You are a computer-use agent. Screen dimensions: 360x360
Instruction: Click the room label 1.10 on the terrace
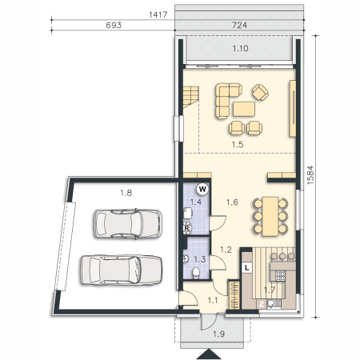pos(240,49)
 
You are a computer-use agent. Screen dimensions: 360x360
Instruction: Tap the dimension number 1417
pos(158,14)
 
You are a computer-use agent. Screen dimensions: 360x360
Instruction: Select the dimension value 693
pos(114,25)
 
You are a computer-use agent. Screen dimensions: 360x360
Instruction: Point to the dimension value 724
pos(239,25)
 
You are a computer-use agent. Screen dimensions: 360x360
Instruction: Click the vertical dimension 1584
pos(310,175)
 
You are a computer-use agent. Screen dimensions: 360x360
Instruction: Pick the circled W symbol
pos(202,190)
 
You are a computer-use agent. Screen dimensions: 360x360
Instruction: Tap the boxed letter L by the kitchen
pos(247,267)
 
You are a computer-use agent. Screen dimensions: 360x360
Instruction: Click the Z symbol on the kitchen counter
pos(262,304)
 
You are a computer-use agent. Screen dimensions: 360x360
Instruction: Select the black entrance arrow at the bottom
pos(209,354)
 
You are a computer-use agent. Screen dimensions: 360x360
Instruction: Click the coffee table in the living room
pos(244,109)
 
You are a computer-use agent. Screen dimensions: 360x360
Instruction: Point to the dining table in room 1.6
pos(270,216)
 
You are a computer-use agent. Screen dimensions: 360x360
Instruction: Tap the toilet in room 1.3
pos(196,274)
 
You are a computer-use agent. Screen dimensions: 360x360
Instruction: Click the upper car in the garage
pos(128,223)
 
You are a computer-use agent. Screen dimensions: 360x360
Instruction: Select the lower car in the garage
pos(122,270)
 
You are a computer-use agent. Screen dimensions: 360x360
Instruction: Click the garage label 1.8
pos(126,193)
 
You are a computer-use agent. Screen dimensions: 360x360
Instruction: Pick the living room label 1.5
pos(238,145)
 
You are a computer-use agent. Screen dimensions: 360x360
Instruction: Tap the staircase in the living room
pos(191,97)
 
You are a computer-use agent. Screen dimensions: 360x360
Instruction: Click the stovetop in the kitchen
pos(280,275)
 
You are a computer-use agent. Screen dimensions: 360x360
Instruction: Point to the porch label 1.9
pos(218,334)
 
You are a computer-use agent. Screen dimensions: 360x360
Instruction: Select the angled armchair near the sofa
pos(260,92)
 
